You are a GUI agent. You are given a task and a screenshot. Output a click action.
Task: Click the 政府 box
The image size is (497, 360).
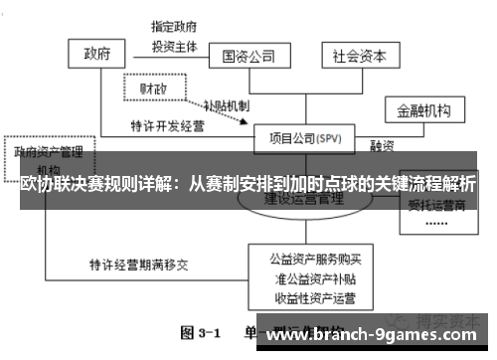coord(96,53)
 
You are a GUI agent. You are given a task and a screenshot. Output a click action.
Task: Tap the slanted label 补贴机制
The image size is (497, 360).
coord(226,104)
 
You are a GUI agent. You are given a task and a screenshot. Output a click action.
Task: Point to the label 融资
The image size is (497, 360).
coord(383,144)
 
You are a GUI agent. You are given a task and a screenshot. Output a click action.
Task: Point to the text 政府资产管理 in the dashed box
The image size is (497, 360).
coord(47,152)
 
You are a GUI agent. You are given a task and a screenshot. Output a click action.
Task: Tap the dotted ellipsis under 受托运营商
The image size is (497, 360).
coord(437,223)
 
